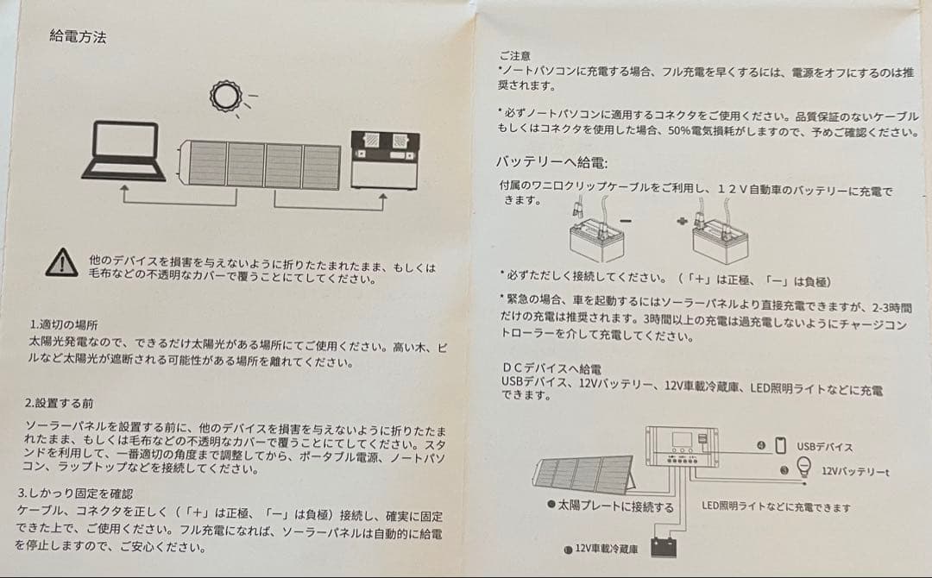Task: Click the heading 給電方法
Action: click(x=79, y=37)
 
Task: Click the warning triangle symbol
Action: click(x=61, y=261)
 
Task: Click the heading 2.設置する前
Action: click(x=60, y=403)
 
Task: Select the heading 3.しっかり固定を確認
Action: click(x=75, y=493)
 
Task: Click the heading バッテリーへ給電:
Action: click(x=551, y=161)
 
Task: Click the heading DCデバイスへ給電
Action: click(x=551, y=368)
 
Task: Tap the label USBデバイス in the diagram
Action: click(x=824, y=447)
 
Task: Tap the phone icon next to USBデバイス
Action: click(x=781, y=445)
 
